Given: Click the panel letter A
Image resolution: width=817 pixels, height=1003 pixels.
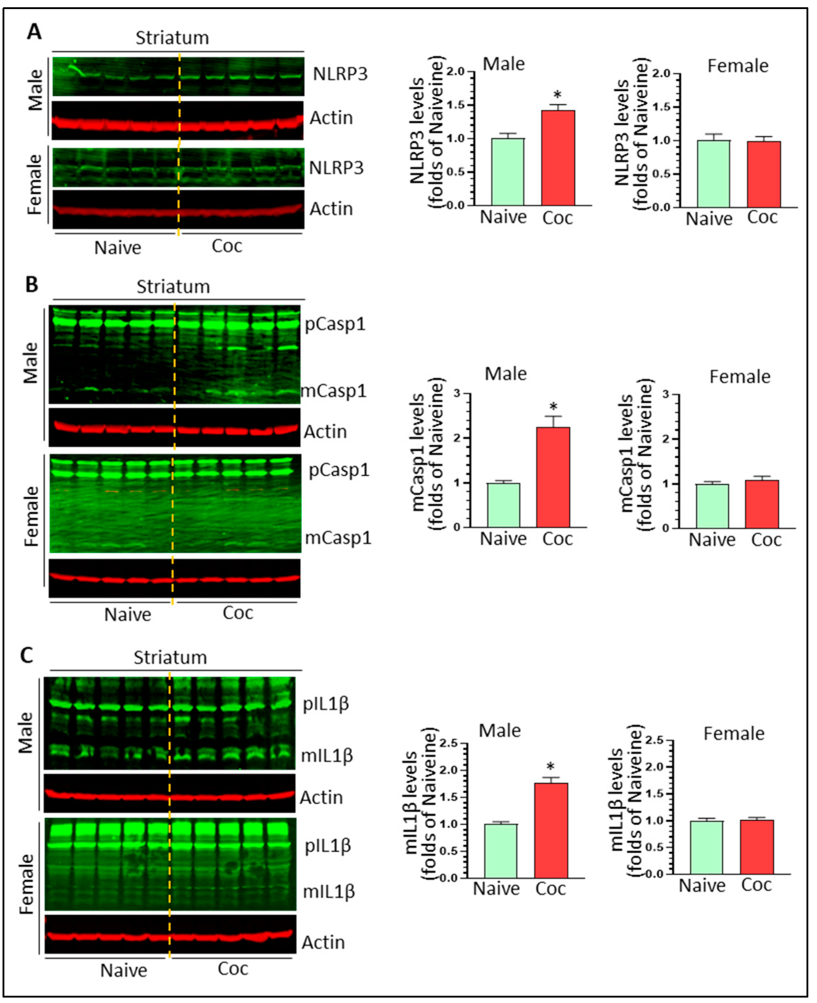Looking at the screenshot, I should [x=34, y=32].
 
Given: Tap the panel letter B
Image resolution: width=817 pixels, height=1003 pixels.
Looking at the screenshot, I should [x=32, y=284].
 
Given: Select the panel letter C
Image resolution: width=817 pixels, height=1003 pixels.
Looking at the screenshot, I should [x=27, y=655].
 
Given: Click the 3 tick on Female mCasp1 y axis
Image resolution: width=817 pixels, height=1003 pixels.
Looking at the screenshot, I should [x=666, y=394].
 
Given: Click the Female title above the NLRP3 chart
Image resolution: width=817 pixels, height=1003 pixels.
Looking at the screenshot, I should [x=738, y=66].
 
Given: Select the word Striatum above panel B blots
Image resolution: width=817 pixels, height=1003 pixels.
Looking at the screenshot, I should [x=173, y=287].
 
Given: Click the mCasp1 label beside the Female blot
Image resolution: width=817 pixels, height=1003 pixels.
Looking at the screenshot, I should [x=338, y=538].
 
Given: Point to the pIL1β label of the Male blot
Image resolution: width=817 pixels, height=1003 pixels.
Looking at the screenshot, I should [x=325, y=704].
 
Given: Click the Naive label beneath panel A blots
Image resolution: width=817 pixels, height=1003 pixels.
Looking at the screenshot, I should [x=118, y=247].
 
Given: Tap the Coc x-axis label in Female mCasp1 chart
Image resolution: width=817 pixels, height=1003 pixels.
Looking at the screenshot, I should [x=766, y=540].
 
